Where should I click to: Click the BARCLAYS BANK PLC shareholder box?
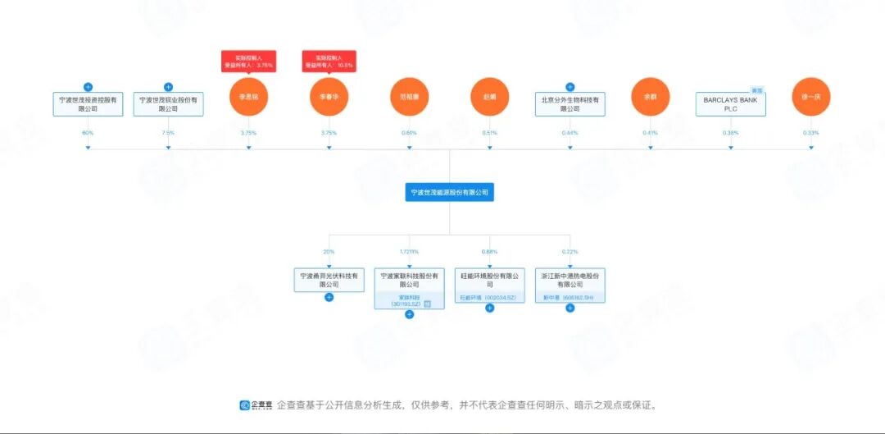[x=731, y=103]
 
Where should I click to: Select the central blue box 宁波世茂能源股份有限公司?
[x=449, y=193]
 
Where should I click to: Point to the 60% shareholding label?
[x=88, y=132]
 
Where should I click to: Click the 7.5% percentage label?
[x=168, y=132]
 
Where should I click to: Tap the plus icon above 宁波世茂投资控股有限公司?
[x=88, y=86]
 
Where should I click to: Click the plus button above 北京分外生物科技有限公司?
[x=570, y=86]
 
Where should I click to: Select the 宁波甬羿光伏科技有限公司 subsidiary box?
[x=329, y=280]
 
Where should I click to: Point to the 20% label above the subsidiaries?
[x=329, y=252]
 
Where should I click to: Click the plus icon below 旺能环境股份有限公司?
[x=489, y=308]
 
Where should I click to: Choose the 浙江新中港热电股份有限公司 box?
[x=570, y=280]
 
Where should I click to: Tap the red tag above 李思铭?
[x=248, y=61]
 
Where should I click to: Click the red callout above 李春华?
[x=329, y=61]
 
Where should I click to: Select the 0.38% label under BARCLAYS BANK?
[x=731, y=132]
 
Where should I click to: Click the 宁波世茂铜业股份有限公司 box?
[x=168, y=103]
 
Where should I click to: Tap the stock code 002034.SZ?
[x=501, y=298]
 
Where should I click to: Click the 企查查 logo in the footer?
[x=256, y=404]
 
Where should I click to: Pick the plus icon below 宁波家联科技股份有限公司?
[x=409, y=313]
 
